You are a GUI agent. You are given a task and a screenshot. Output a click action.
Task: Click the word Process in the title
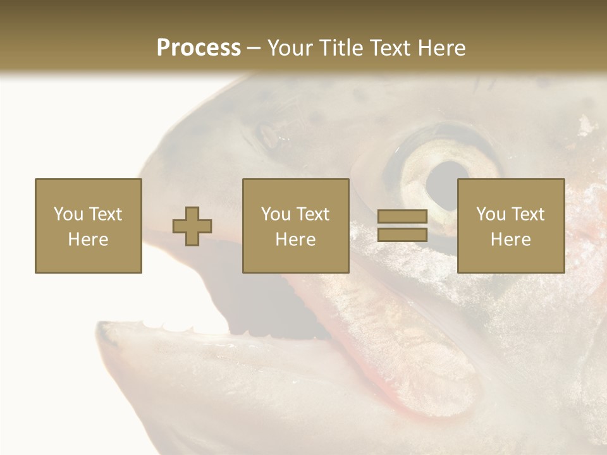coord(199,48)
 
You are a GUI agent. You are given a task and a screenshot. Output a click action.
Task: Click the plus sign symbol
coord(192,226)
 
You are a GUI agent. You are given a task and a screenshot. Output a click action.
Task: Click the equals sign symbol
coord(402,226)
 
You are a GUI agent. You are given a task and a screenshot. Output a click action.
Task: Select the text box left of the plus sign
coord(89,226)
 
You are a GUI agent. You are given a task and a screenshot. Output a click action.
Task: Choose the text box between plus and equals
coord(295,226)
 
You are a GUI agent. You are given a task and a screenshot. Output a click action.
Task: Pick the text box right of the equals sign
coord(510,226)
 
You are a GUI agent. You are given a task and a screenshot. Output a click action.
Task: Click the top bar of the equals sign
coord(402,217)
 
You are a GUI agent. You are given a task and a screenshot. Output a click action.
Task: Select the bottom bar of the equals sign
coord(402,234)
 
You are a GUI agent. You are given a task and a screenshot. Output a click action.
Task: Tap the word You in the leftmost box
coord(68,214)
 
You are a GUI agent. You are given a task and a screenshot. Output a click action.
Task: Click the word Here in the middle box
coord(295,240)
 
